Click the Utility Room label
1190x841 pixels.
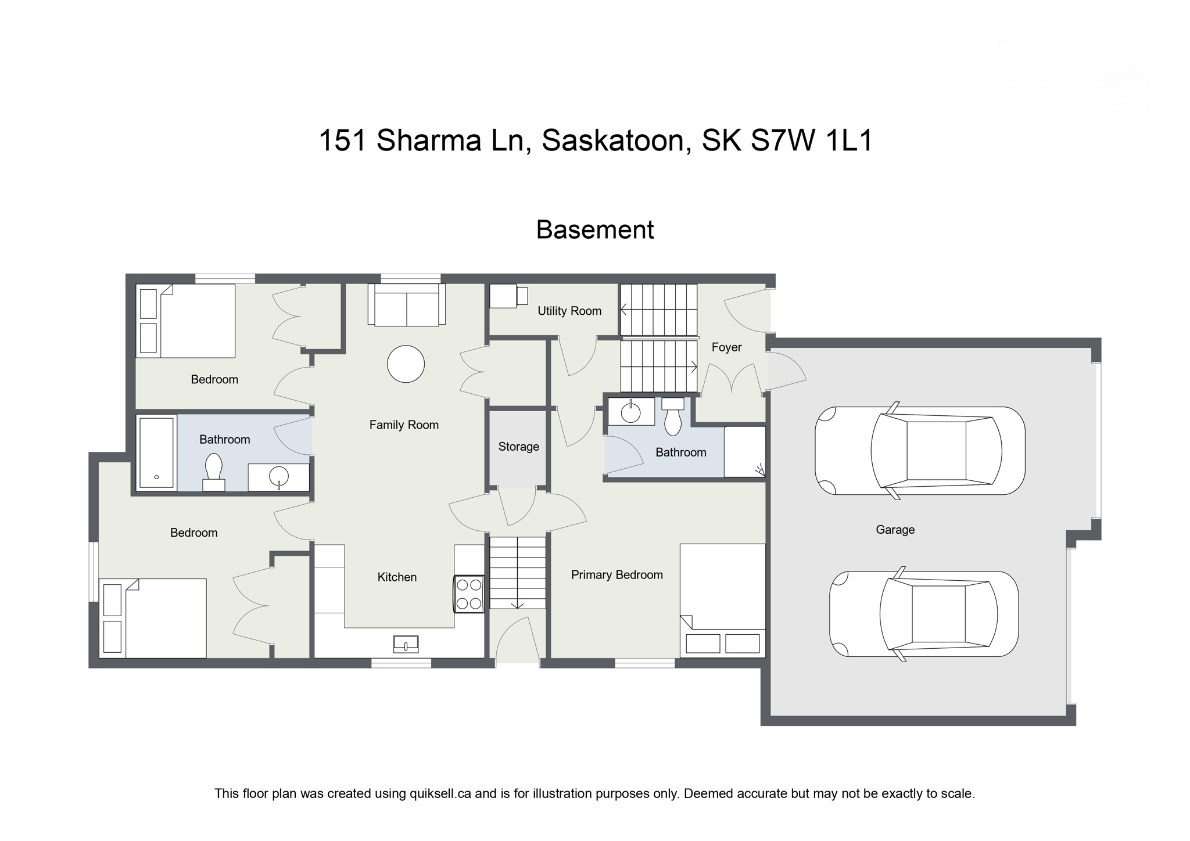click(569, 311)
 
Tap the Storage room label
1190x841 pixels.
click(518, 447)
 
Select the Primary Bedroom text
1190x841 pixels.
click(616, 574)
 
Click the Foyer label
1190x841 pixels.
click(726, 347)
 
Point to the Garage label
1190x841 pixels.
click(895, 530)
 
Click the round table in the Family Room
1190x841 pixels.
click(406, 364)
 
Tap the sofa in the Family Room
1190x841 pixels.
click(406, 304)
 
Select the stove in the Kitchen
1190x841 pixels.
click(469, 594)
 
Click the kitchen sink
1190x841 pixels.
click(406, 644)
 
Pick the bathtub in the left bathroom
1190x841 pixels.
click(156, 453)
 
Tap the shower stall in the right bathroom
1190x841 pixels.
click(744, 452)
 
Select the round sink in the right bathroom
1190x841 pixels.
click(630, 412)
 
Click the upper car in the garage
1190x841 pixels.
click(920, 451)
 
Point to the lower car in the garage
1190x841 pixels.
click(924, 614)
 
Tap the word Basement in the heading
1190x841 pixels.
click(594, 230)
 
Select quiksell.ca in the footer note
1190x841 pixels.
click(440, 793)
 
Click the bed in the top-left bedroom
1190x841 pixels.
click(186, 321)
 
